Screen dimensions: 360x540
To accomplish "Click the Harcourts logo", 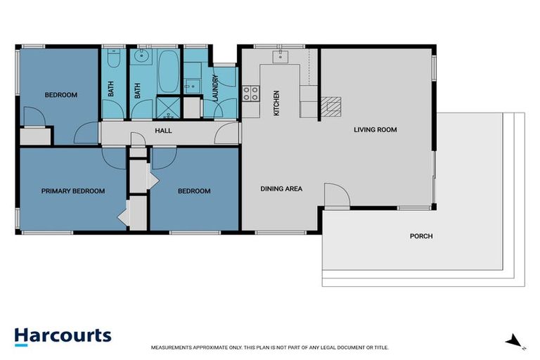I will point(63,335).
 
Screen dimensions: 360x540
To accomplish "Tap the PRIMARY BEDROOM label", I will point(73,191).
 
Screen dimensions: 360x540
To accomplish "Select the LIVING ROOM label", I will point(376,129).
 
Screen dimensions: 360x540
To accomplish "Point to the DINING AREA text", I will point(281,188).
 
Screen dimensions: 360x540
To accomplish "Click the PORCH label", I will point(421,236).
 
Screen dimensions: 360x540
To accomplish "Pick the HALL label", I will point(164,131).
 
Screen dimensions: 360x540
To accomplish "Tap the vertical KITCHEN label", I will point(276,103).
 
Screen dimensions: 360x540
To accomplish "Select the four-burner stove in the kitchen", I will point(250,92).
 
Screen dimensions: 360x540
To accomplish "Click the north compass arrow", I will point(515,340).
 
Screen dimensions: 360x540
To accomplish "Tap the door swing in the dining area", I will point(335,195).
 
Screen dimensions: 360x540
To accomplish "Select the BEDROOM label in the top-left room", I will point(61,96).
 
